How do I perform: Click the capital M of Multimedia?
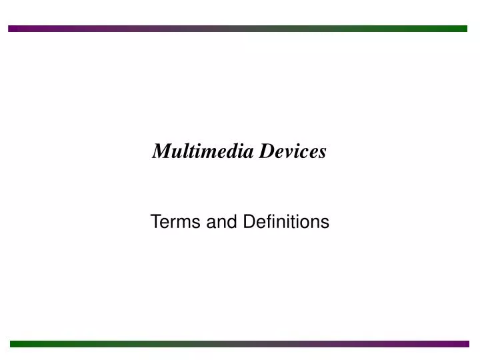[161, 152]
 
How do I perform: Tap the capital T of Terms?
[156, 221]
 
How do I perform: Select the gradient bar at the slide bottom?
[240, 344]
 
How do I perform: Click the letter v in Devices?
[287, 153]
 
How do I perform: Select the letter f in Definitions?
[264, 221]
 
